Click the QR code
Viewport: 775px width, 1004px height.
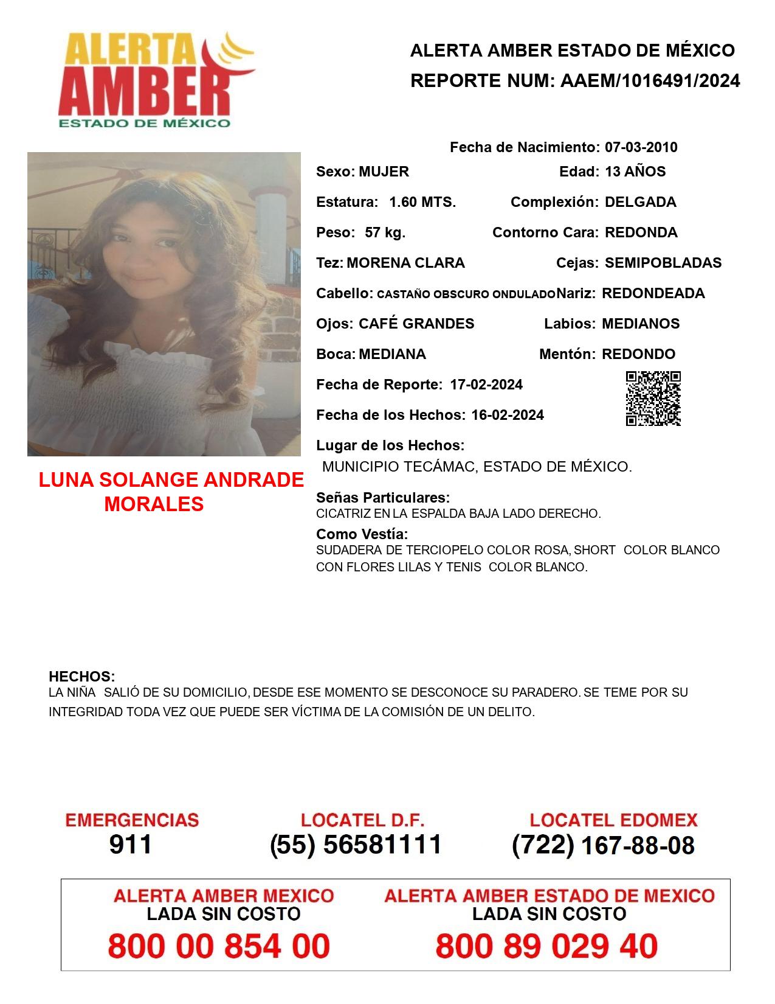pyautogui.click(x=653, y=399)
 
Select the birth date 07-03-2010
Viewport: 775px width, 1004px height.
pyautogui.click(x=641, y=147)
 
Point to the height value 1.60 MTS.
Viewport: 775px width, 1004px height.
pyautogui.click(x=422, y=202)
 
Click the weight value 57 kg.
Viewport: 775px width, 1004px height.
pyautogui.click(x=385, y=232)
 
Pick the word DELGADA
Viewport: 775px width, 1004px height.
pyautogui.click(x=640, y=202)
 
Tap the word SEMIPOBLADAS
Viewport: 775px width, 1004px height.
pyautogui.click(x=663, y=263)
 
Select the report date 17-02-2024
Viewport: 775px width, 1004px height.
pyautogui.click(x=486, y=385)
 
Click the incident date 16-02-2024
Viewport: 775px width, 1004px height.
pyautogui.click(x=508, y=415)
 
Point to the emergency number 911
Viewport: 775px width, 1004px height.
pyautogui.click(x=130, y=845)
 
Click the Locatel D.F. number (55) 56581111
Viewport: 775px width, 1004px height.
pyautogui.click(x=356, y=845)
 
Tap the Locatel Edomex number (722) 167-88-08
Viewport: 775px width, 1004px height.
pyautogui.click(x=603, y=845)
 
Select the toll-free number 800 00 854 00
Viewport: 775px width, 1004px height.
pyautogui.click(x=219, y=946)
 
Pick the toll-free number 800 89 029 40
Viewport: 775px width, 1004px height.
pyautogui.click(x=546, y=946)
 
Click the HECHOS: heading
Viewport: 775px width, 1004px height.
pyautogui.click(x=81, y=677)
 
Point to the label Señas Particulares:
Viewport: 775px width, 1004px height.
pyautogui.click(x=383, y=498)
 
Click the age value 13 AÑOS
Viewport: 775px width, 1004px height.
pyautogui.click(x=635, y=172)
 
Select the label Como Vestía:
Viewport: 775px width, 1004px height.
pyautogui.click(x=362, y=534)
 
